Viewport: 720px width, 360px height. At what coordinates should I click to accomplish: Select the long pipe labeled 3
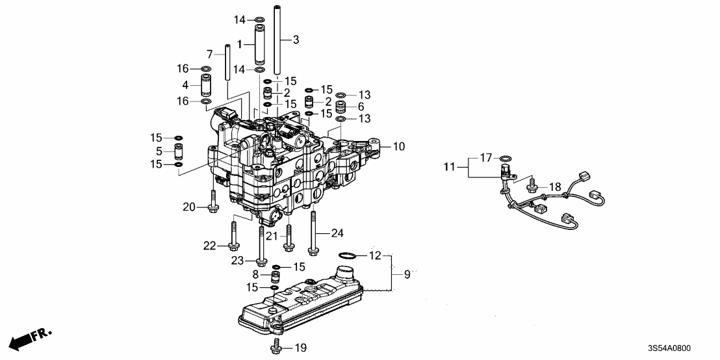pos(276,39)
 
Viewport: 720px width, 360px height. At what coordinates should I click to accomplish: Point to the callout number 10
pos(398,148)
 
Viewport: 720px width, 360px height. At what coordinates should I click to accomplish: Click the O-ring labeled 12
pos(349,254)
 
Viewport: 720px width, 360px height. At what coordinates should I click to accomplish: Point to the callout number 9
pos(407,274)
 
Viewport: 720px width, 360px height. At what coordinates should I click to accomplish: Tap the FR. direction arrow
pos(30,339)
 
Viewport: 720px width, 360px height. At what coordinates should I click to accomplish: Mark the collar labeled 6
pos(341,107)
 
